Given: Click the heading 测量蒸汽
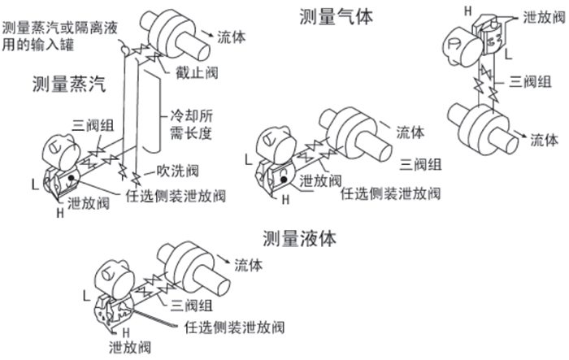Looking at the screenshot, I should click(67, 85).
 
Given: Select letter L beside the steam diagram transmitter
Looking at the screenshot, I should click(33, 186).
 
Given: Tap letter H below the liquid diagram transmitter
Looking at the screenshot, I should click(126, 332).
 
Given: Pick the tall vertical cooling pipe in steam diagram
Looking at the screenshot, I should click(151, 114).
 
